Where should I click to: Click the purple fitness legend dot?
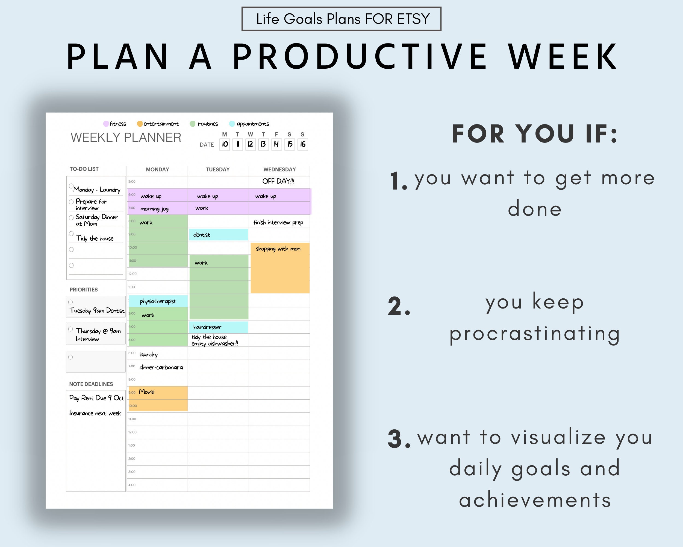click(106, 124)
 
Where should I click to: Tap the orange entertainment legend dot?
click(139, 124)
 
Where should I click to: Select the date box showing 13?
click(263, 144)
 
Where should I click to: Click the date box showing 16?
click(302, 144)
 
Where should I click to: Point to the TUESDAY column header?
click(218, 169)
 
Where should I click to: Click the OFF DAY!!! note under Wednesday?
click(278, 181)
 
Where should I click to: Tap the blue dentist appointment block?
click(218, 235)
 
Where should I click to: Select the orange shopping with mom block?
click(280, 268)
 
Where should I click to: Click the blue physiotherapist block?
click(158, 301)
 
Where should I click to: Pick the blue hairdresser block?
click(218, 327)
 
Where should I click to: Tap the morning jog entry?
click(154, 209)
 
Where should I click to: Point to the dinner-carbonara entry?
click(161, 367)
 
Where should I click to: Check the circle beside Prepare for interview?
click(71, 202)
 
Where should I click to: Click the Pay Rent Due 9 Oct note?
click(96, 398)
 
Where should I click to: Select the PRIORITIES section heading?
click(84, 290)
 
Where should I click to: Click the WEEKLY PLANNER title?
click(126, 138)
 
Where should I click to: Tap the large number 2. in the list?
click(399, 307)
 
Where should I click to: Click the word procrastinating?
click(535, 334)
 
